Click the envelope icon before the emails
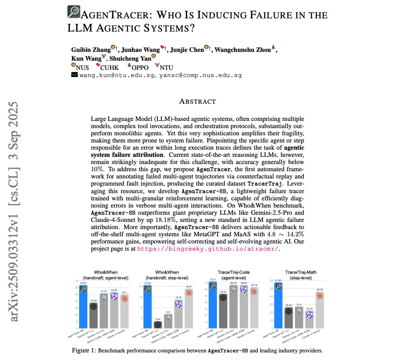[74, 75]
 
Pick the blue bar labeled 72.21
[212, 305]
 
